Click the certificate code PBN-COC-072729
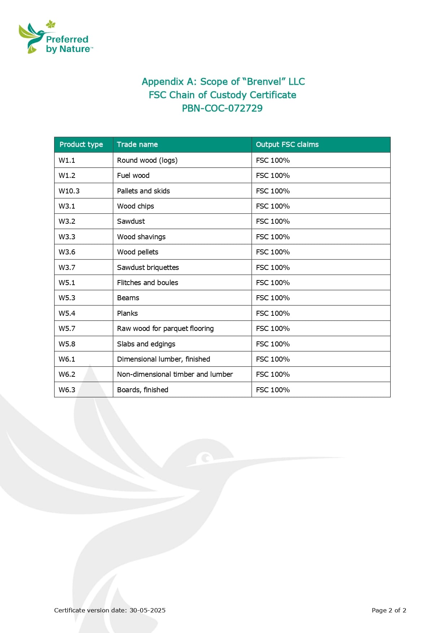coord(222,108)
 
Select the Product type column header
coord(81,144)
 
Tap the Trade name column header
coord(137,144)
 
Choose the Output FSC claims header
coord(287,144)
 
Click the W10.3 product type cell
coord(69,191)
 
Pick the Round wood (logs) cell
coord(147,160)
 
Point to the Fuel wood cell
coord(133,175)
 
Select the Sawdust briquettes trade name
coord(148,267)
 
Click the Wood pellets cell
coord(138,252)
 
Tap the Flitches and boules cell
coord(147,283)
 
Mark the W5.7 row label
coord(67,328)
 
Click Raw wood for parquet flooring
coord(165,328)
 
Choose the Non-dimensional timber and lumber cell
coord(175,374)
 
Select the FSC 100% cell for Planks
coord(273,313)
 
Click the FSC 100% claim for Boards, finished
coord(273,390)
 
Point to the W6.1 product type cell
coord(67,359)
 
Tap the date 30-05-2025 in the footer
coord(147,610)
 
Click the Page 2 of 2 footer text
coord(389,610)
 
